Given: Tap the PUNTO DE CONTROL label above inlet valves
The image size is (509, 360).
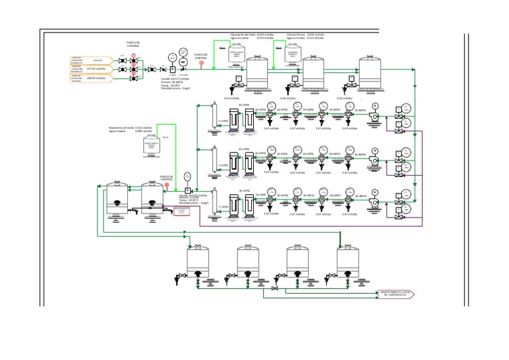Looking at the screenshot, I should click(x=133, y=44).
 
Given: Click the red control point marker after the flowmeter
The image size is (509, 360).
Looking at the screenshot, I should click(x=201, y=64).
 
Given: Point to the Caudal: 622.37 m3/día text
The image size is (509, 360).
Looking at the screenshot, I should click(x=175, y=80).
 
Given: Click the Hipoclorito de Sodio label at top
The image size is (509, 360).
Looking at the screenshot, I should click(x=243, y=34).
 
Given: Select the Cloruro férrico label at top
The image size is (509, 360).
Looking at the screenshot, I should click(x=296, y=34).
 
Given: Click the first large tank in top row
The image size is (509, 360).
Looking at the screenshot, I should click(x=256, y=72).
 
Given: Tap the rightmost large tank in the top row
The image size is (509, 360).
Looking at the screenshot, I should click(x=370, y=72).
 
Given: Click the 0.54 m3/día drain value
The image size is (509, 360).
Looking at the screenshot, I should click(x=232, y=98).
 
